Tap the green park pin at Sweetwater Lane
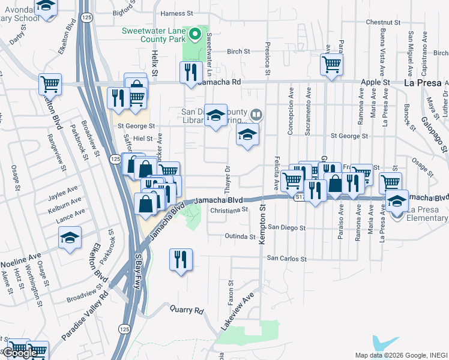[193, 34]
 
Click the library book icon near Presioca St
[256, 114]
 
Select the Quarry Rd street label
[187, 311]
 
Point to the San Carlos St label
[287, 259]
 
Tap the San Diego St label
[286, 228]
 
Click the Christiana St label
[229, 211]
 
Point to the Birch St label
[238, 52]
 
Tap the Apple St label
[376, 82]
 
